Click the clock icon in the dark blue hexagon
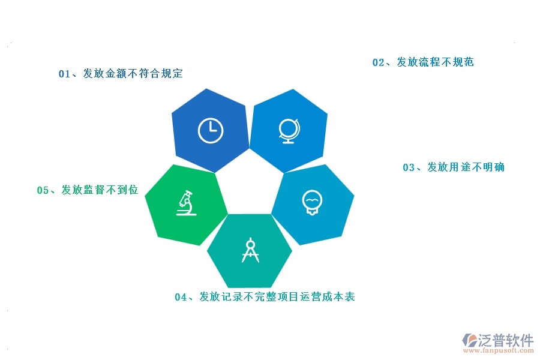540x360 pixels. click(x=210, y=131)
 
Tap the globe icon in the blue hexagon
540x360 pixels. click(x=288, y=131)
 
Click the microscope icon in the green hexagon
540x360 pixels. click(x=187, y=203)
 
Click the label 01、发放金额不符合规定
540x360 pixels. click(x=121, y=74)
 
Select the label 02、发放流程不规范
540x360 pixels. click(x=423, y=62)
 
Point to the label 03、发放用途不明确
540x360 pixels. click(x=454, y=167)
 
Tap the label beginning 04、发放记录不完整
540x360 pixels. click(x=265, y=297)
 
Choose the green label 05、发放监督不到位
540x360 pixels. click(x=88, y=190)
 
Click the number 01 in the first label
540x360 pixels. click(x=64, y=74)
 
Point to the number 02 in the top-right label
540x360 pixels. click(x=378, y=62)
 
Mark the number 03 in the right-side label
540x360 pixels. click(x=409, y=167)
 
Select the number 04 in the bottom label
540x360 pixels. click(x=181, y=297)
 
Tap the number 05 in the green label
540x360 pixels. click(x=43, y=190)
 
